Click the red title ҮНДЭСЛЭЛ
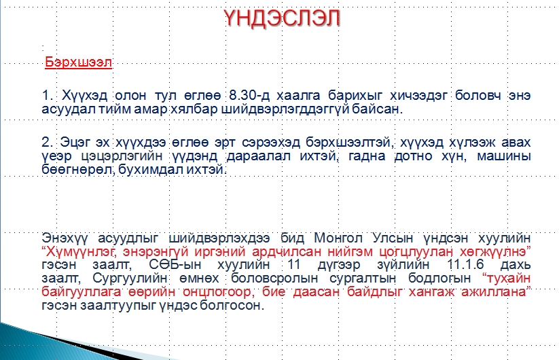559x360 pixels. click(283, 18)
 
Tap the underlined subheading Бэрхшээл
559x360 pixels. click(78, 62)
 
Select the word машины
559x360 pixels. click(504, 156)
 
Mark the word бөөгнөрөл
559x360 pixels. click(77, 169)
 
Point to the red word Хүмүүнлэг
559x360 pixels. click(80, 251)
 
